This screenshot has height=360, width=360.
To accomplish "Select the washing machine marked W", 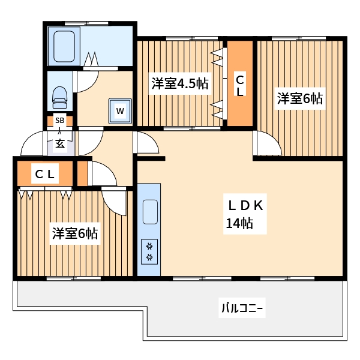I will coord(121,110).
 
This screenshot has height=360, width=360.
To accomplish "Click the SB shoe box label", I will coord(59,120).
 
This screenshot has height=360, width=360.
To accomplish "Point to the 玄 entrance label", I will coord(61,143).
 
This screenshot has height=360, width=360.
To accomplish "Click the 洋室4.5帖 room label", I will coord(179,83).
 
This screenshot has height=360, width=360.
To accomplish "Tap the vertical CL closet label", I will coord(239,85).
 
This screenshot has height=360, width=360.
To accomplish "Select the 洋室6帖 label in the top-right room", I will coord(299,98).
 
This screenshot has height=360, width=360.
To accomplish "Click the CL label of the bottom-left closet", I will coord(45,175).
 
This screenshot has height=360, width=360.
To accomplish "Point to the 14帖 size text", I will coord(239,224).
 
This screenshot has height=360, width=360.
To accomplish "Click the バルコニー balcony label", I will coord(242,309).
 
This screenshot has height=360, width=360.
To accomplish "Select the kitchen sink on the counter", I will coord(149,211).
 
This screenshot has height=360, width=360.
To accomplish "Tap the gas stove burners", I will coord(149,251).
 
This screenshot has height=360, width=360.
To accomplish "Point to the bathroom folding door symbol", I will coord(91,60).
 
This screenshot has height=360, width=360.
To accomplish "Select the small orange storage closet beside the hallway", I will coord(82,173).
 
